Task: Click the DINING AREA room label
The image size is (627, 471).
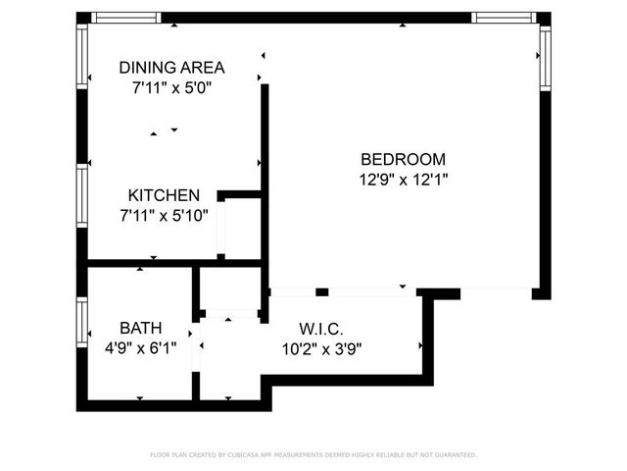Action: pos(171,68)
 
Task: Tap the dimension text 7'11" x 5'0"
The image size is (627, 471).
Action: pos(171,87)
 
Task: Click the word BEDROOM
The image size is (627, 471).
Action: pos(403,160)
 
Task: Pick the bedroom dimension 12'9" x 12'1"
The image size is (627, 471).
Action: pos(403,180)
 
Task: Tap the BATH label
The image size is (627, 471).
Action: pos(141,328)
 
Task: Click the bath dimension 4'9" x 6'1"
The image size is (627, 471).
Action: pos(141,347)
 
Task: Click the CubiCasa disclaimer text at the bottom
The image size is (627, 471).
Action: pos(313,455)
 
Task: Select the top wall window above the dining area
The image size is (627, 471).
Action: pos(128,18)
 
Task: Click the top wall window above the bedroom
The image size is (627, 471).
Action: pos(503,18)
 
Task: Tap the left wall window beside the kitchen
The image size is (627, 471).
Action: pos(82,196)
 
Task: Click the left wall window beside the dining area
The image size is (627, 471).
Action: pos(82,54)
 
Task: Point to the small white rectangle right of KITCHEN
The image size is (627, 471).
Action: pos(222,227)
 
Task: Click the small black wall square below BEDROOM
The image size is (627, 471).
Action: pos(321,291)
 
